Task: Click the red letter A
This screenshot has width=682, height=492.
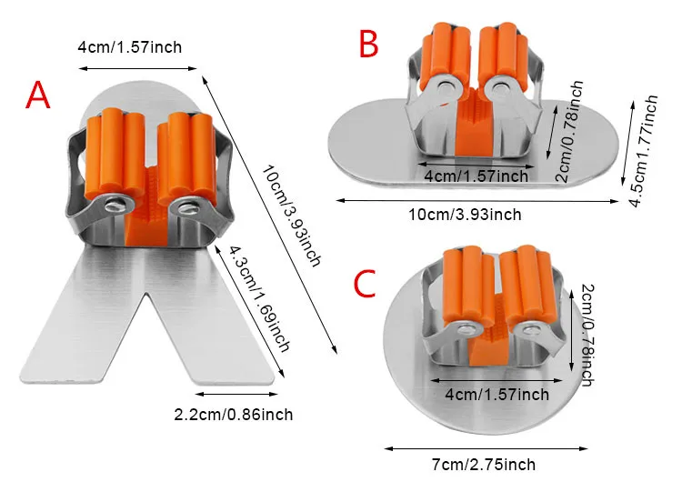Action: (x=38, y=95)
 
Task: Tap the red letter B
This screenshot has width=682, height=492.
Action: (x=369, y=44)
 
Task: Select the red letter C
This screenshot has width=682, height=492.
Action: (x=365, y=283)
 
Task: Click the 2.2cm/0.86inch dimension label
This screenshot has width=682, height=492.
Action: (x=234, y=415)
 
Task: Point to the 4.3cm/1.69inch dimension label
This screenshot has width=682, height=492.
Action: (x=260, y=299)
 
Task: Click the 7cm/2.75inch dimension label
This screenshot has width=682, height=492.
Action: (x=484, y=465)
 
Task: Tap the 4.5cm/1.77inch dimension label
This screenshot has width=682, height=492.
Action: (x=644, y=151)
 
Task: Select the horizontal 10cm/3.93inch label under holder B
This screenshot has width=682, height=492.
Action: (x=465, y=215)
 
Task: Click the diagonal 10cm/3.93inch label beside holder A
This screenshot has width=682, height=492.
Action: (x=291, y=216)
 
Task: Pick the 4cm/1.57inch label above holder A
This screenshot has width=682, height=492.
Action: (x=130, y=47)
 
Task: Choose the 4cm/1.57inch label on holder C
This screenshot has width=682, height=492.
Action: (x=497, y=395)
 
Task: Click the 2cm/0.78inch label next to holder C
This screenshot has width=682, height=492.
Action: (x=587, y=335)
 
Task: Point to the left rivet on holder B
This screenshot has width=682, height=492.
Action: (x=444, y=87)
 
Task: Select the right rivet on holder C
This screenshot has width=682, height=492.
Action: (x=529, y=330)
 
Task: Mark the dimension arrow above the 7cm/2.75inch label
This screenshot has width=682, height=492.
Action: (x=486, y=448)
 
